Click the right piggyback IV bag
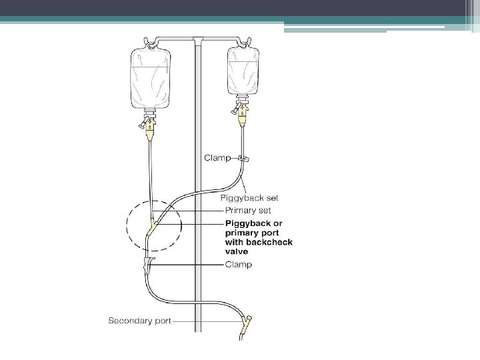coord(243,70)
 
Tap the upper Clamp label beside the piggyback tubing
coord(217,159)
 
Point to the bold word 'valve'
coord(237,253)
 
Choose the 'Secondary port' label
coord(139,321)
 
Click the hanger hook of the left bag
coord(151,44)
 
